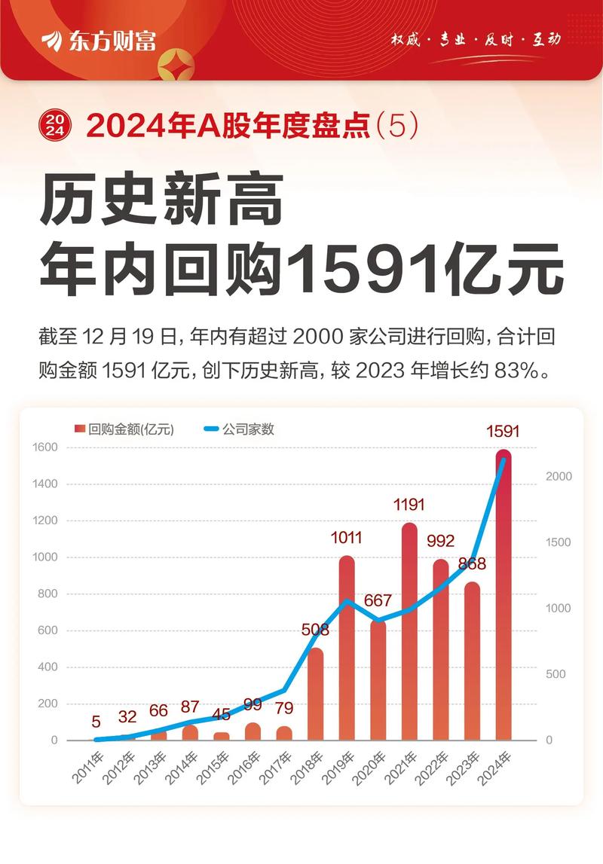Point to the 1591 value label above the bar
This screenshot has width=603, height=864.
[x=503, y=432]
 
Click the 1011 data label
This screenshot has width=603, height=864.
[x=347, y=538]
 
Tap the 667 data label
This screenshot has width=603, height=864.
[x=378, y=601]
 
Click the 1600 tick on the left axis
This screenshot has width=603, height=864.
[x=45, y=447]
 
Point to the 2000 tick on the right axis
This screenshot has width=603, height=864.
[x=559, y=476]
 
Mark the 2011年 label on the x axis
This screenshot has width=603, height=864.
[x=87, y=767]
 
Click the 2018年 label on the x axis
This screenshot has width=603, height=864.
[x=307, y=767]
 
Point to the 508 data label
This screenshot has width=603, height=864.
[x=315, y=630]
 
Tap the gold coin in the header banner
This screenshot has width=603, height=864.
[x=176, y=63]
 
